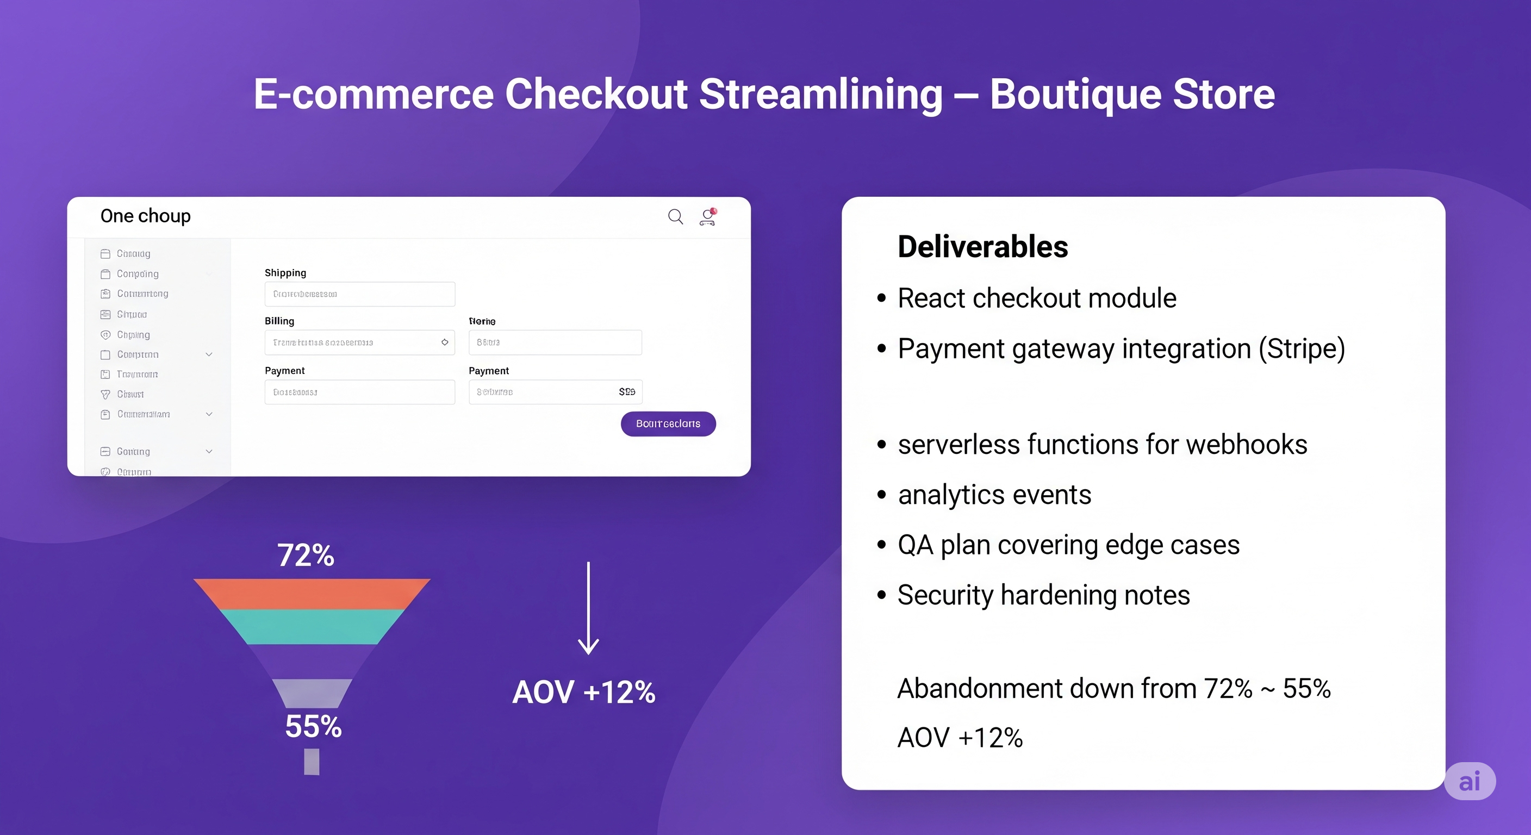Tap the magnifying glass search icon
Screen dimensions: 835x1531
tap(675, 216)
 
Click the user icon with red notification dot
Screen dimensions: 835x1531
tap(707, 217)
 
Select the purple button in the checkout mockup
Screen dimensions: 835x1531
tap(668, 423)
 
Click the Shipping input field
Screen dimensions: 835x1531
tap(359, 294)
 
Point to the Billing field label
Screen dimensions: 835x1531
tap(279, 321)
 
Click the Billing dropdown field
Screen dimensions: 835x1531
tap(359, 342)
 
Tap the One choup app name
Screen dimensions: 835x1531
tap(146, 216)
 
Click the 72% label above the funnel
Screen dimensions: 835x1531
tap(306, 555)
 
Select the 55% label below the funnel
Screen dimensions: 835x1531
tap(313, 726)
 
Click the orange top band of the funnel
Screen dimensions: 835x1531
tap(312, 593)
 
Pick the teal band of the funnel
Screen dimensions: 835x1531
tap(312, 626)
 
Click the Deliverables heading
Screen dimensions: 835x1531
tap(982, 247)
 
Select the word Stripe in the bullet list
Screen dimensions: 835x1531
tap(1302, 348)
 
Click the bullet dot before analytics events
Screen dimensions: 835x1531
tap(881, 495)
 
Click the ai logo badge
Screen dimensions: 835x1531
tap(1469, 781)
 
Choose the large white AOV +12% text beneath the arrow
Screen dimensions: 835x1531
tap(583, 692)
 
